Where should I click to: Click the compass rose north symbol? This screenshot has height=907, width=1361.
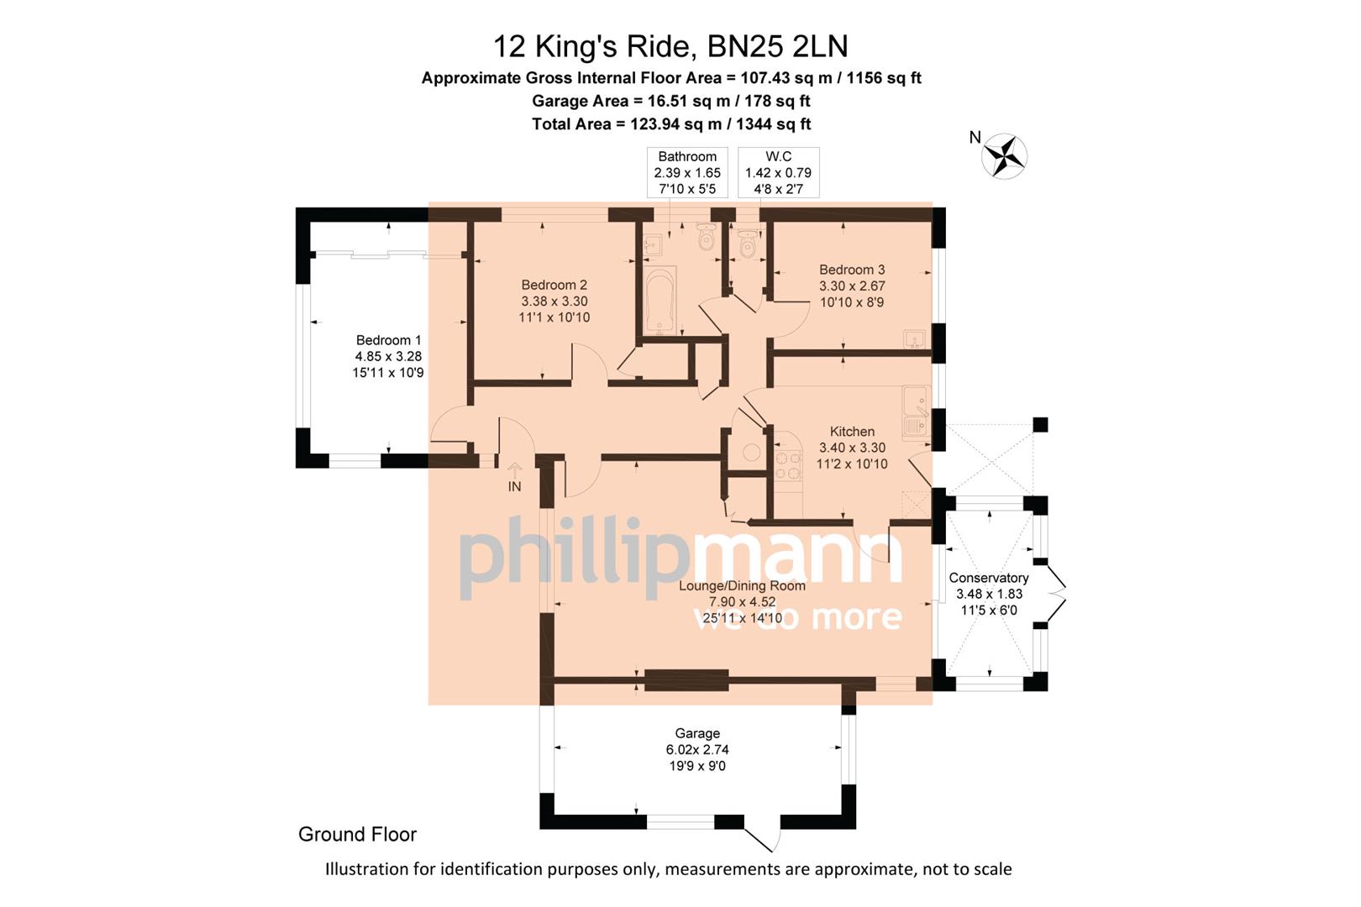[1004, 155]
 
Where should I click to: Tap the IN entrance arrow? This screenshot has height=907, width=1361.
[515, 471]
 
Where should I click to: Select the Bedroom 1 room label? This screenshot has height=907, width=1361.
[388, 340]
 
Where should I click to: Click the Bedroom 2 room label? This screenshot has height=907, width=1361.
[554, 286]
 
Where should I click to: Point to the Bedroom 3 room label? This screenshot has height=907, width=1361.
[852, 270]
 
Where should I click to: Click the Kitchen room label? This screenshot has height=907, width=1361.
[852, 432]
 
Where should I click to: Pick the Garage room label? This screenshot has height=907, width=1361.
[697, 733]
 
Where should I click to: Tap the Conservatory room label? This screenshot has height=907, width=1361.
[988, 578]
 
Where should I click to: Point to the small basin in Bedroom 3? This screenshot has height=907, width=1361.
[914, 339]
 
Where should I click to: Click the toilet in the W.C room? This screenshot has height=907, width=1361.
[747, 246]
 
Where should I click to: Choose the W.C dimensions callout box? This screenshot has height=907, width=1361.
[778, 172]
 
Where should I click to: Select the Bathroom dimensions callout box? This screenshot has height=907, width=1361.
[687, 172]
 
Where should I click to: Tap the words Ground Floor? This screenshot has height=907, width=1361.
[357, 834]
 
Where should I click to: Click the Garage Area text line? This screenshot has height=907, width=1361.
[670, 101]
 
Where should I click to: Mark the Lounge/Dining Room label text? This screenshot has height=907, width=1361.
[742, 586]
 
